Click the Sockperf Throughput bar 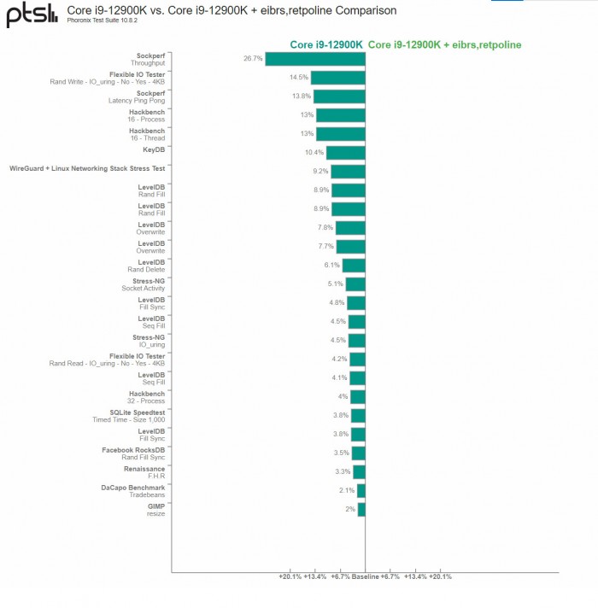[315, 59]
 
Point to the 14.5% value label [298, 78]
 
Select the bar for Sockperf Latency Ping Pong [341, 96]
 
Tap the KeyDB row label [154, 150]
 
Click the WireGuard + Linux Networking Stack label [87, 169]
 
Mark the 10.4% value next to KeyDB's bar [314, 153]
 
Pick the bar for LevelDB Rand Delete [354, 266]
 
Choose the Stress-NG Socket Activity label [144, 284]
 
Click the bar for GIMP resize [361, 510]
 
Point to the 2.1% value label [346, 491]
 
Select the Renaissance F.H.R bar [359, 472]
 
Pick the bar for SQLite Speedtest [358, 416]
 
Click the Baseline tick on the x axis [366, 576]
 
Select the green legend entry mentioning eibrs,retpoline [444, 44]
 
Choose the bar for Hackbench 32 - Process [358, 397]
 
